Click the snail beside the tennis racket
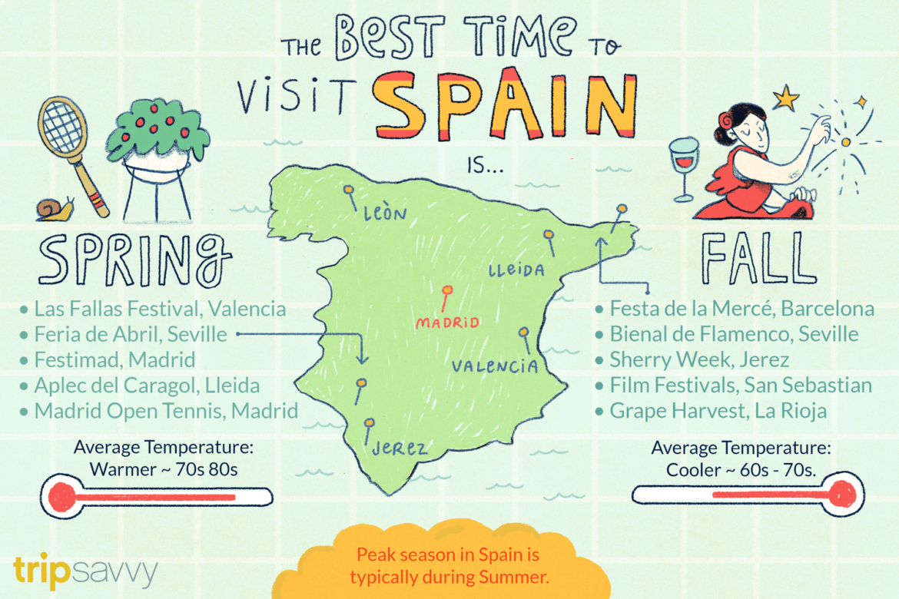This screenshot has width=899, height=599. pos(55,207)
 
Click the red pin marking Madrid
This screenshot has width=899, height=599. pos(446,292)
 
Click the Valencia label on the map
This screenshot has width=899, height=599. pos(495,366)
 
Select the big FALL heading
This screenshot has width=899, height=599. pos(757,257)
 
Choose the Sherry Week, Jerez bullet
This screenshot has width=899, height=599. pos(699,359)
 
